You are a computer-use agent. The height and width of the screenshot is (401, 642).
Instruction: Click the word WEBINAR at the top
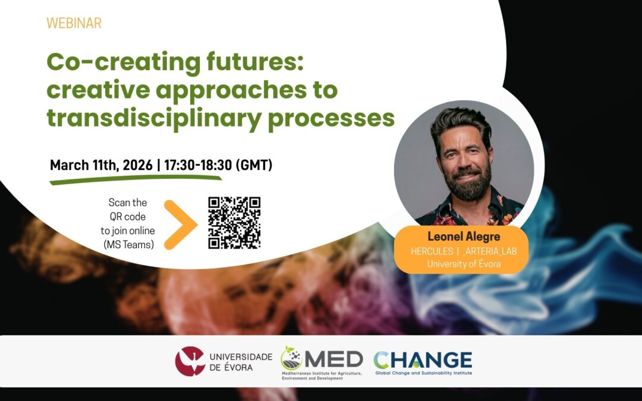74,23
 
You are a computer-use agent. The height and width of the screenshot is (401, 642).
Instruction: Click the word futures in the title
254,62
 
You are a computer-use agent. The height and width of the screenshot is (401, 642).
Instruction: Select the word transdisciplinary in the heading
153,119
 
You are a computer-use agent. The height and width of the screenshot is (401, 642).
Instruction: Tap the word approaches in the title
231,91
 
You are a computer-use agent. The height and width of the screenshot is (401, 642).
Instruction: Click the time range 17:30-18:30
198,165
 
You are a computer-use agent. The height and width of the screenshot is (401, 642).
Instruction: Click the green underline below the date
135,179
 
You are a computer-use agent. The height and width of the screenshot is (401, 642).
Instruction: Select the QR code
234,223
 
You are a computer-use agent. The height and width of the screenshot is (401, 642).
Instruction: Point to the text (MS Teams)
128,245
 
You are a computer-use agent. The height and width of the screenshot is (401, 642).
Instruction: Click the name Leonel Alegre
464,236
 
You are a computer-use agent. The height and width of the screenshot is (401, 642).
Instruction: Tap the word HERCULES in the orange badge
432,251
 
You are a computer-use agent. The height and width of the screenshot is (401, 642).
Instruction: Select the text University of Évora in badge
464,263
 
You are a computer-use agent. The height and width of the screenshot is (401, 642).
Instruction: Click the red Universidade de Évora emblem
190,361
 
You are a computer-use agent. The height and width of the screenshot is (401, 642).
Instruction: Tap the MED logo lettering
333,359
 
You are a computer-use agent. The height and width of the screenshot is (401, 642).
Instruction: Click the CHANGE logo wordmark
423,359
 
